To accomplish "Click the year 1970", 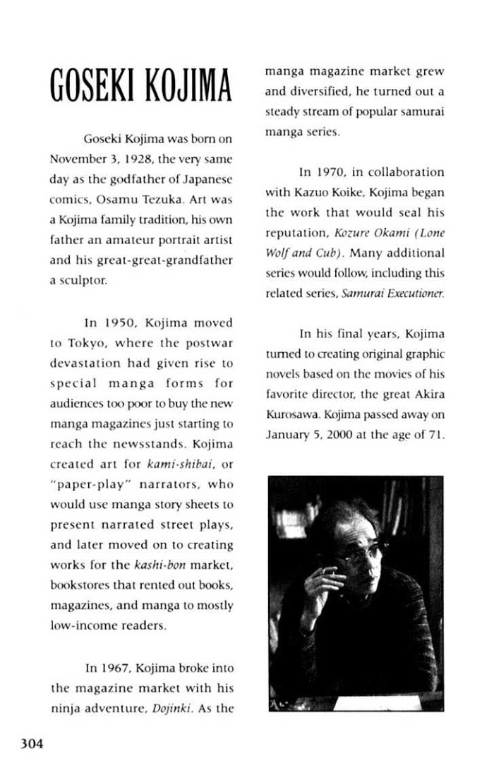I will point(328,172).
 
